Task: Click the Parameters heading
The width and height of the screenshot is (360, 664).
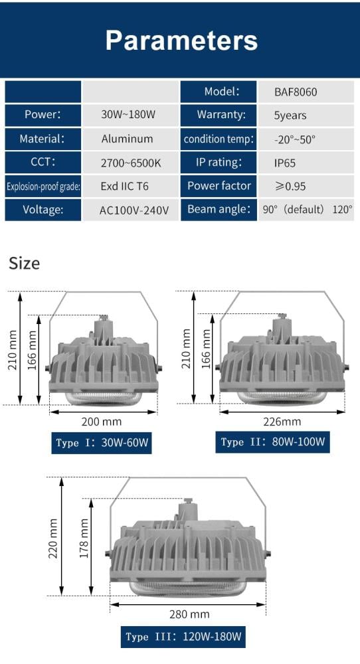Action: tap(181, 41)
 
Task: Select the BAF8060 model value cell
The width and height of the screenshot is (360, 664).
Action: tap(306, 92)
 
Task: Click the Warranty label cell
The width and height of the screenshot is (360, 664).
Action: tap(219, 114)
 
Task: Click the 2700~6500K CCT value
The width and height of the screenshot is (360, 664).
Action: tap(130, 163)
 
